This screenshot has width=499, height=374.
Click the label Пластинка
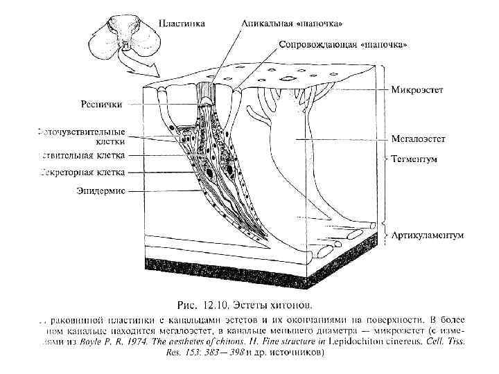[x=182, y=23]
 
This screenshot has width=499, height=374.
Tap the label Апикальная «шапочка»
[x=292, y=23]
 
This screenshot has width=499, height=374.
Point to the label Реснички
[x=103, y=105]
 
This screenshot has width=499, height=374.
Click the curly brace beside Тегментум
[x=385, y=159]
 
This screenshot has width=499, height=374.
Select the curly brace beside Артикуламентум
[x=385, y=235]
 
